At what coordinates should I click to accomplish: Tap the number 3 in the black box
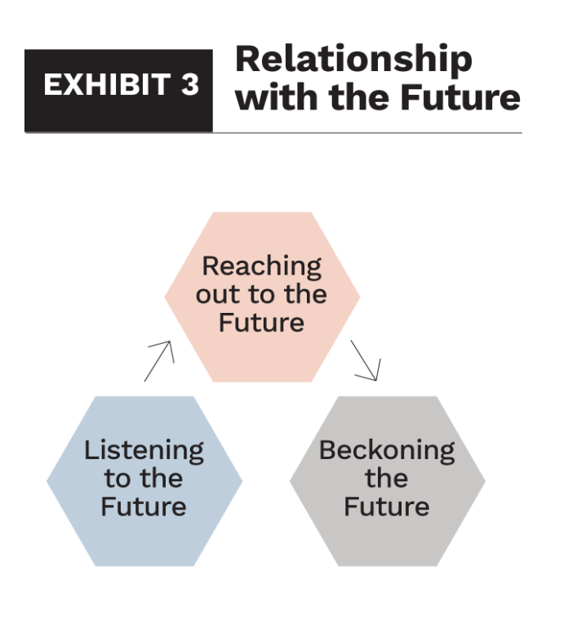(189, 85)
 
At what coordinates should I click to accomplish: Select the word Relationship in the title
(353, 60)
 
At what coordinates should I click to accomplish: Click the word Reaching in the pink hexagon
(262, 266)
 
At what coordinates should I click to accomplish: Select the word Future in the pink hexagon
(262, 322)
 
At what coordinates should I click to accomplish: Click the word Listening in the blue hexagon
(144, 450)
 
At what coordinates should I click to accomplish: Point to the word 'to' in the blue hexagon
(114, 478)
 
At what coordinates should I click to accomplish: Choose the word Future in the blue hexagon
(144, 506)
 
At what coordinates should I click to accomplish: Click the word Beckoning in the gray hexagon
(387, 450)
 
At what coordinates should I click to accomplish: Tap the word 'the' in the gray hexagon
(387, 478)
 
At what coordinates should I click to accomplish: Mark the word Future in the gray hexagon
(387, 506)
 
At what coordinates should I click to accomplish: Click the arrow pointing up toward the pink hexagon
(159, 361)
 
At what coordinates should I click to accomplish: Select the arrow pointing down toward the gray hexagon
(366, 360)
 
